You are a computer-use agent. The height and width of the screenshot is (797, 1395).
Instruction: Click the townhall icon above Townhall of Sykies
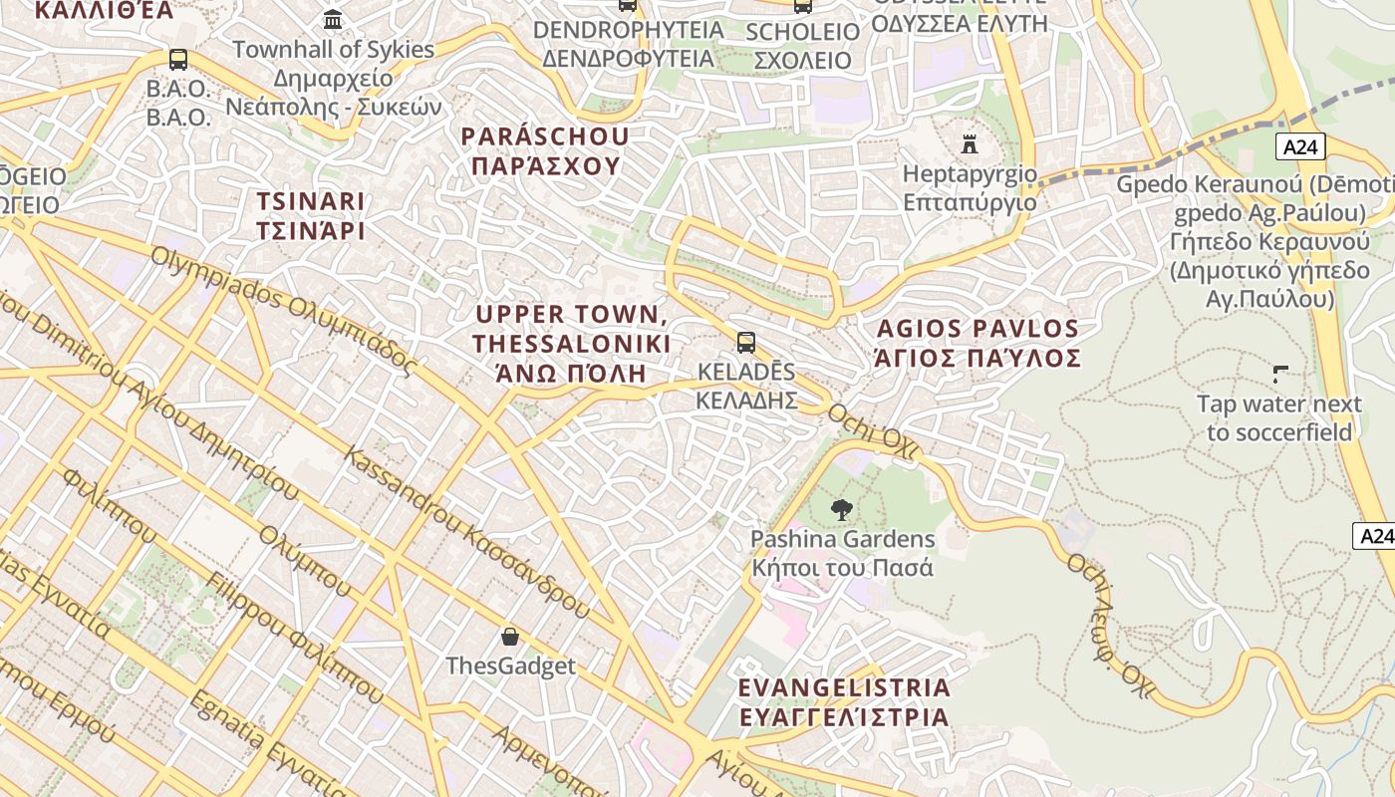coord(333,20)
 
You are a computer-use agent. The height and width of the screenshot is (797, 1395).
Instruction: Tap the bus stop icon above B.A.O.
coord(178,60)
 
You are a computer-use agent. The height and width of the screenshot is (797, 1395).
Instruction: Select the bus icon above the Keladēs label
coord(746,343)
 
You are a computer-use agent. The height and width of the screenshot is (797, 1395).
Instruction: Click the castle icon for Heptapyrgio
coord(969,144)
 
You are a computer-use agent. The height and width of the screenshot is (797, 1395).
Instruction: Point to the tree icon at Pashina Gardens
coord(842,510)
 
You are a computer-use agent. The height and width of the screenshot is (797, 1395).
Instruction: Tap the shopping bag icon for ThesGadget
coord(510,636)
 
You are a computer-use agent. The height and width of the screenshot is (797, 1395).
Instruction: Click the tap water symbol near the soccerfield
coord(1279,376)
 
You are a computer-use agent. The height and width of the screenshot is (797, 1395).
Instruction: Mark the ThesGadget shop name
coord(510,665)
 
